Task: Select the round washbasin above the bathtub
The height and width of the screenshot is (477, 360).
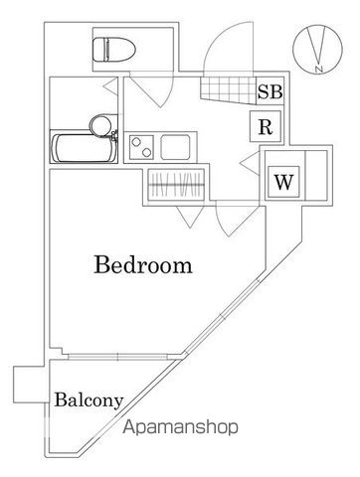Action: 99,124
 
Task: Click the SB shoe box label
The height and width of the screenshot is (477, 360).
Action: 270,92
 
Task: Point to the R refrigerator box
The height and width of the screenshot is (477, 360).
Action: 264,126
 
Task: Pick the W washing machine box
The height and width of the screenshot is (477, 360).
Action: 283,182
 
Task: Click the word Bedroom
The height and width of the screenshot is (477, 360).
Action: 143,265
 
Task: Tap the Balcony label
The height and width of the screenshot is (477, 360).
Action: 89,400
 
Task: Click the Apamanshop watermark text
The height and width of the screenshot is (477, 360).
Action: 183,429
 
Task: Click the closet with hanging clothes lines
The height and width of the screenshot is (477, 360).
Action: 178,186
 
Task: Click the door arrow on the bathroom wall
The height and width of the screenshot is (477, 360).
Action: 108,87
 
